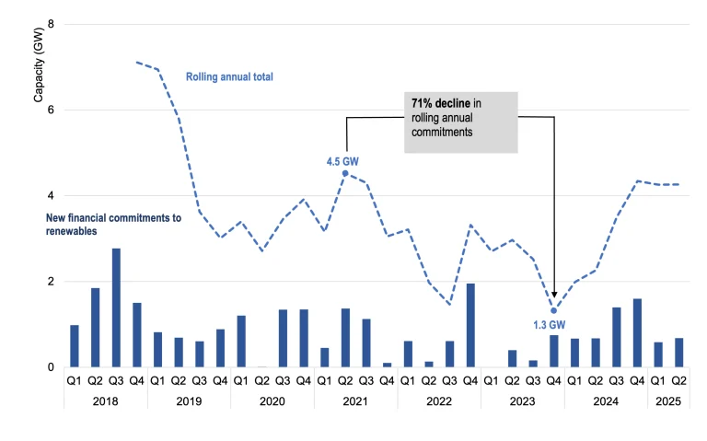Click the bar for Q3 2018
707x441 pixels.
pyautogui.click(x=116, y=308)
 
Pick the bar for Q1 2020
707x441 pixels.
pyautogui.click(x=241, y=342)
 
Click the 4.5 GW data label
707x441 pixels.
pyautogui.click(x=342, y=161)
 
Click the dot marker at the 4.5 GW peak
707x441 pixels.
pyautogui.click(x=345, y=173)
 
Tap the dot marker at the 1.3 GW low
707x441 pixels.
pyautogui.click(x=553, y=310)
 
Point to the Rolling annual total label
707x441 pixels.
pyautogui.click(x=230, y=76)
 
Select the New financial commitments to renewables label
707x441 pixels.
pyautogui.click(x=114, y=225)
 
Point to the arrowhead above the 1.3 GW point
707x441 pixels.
pyautogui.click(x=554, y=296)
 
